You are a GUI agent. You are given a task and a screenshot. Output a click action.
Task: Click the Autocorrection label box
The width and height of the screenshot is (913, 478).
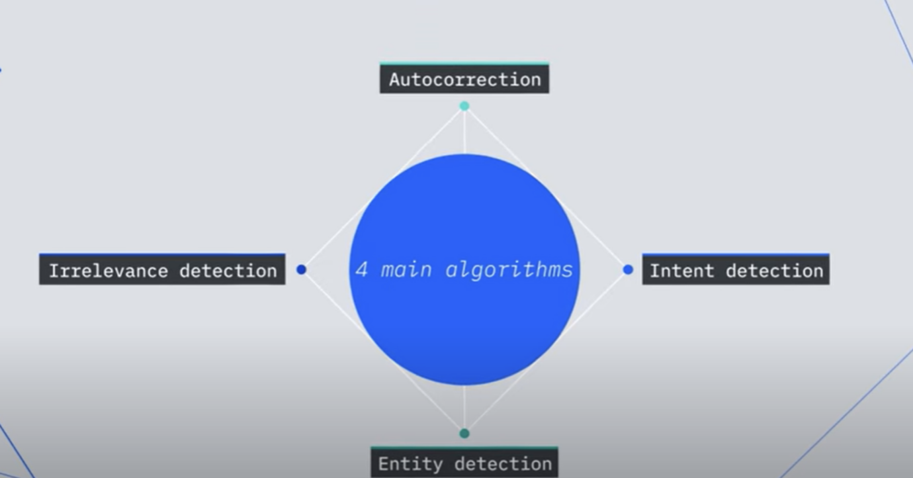click(x=464, y=79)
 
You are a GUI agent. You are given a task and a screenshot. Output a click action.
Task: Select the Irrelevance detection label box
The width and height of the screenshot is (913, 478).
click(x=162, y=270)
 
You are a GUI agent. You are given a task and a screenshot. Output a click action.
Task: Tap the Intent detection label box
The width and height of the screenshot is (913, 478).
click(x=736, y=270)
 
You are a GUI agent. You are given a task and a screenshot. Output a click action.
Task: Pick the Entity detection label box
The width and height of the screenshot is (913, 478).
click(x=464, y=463)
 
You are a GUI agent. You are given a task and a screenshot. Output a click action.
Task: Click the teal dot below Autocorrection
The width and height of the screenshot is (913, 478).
click(x=464, y=106)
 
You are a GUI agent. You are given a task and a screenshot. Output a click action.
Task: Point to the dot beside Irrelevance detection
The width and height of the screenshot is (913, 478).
click(x=301, y=269)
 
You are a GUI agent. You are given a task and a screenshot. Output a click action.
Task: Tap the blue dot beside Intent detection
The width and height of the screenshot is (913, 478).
click(x=628, y=269)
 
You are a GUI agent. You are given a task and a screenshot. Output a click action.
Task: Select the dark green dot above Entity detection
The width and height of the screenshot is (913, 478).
click(x=464, y=434)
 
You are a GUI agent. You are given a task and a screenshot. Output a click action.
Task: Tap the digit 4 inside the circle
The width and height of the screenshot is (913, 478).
click(x=361, y=269)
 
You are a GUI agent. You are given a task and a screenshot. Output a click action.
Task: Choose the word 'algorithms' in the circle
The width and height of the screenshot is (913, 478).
click(x=509, y=269)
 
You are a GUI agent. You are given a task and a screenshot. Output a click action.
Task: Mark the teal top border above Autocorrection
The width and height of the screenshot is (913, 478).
click(x=464, y=64)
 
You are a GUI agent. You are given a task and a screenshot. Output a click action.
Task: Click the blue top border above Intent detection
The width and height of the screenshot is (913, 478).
click(x=736, y=254)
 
